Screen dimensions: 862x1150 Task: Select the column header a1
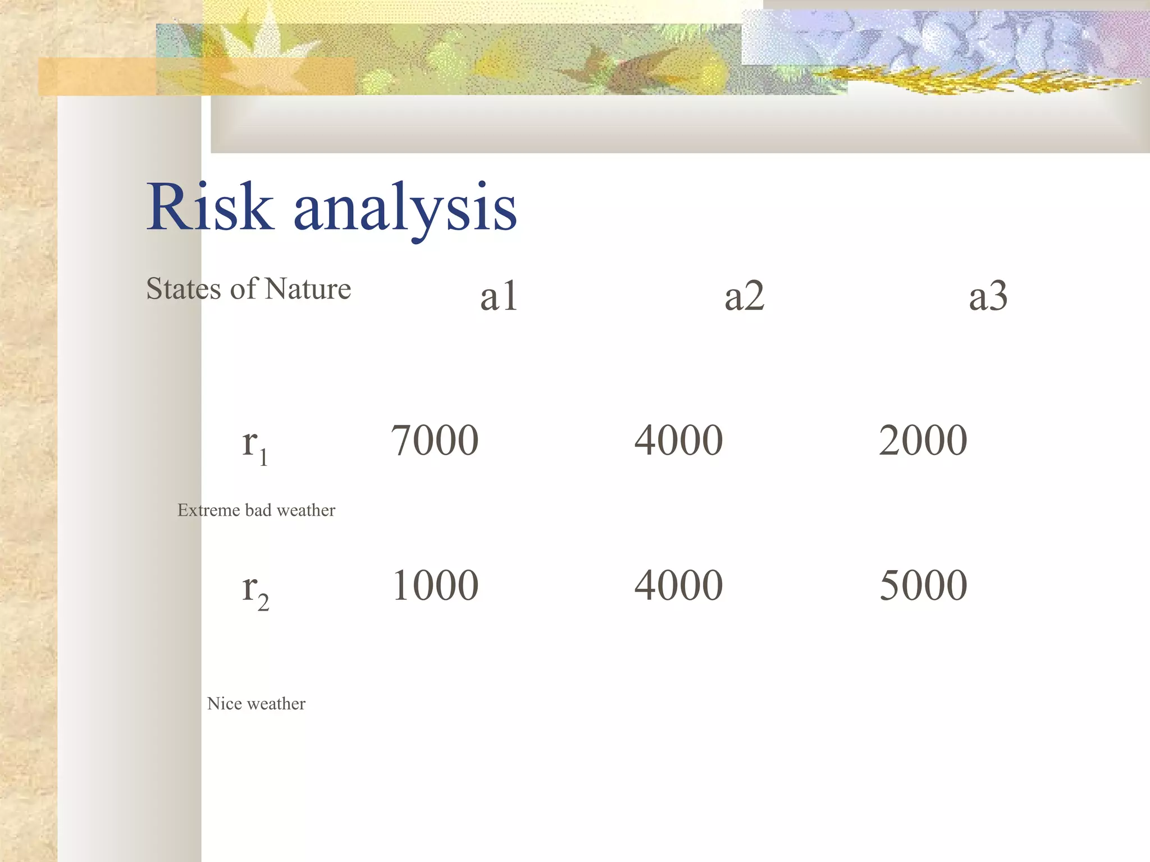pyautogui.click(x=499, y=296)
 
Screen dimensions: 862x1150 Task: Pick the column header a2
pyautogui.click(x=744, y=296)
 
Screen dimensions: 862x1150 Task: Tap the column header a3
pyautogui.click(x=988, y=296)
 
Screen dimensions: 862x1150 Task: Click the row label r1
pyautogui.click(x=254, y=445)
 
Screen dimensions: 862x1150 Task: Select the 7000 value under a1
pyautogui.click(x=435, y=441)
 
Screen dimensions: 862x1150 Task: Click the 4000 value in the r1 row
pyautogui.click(x=678, y=441)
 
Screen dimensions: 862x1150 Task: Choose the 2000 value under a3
pyautogui.click(x=923, y=441)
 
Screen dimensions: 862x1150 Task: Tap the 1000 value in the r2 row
pyautogui.click(x=435, y=585)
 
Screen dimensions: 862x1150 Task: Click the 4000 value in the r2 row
pyautogui.click(x=678, y=585)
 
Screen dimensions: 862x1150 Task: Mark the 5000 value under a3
pyautogui.click(x=923, y=585)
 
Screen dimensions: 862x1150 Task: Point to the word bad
pyautogui.click(x=258, y=510)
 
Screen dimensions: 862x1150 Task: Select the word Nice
pyautogui.click(x=224, y=704)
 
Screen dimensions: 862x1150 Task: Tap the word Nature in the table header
pyautogui.click(x=308, y=289)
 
